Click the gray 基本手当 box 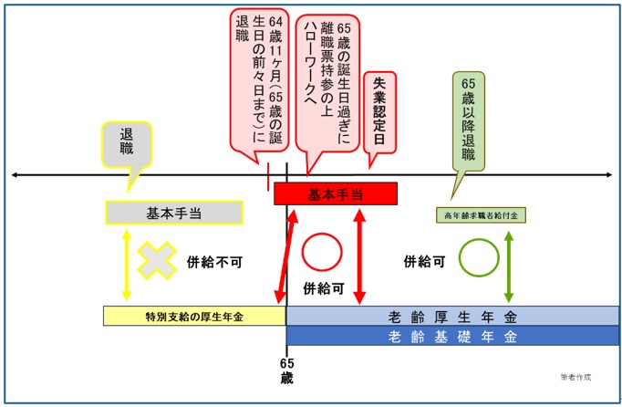click(x=174, y=213)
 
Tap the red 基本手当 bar click(x=337, y=193)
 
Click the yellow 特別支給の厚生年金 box click(x=194, y=316)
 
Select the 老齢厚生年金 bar click(x=451, y=316)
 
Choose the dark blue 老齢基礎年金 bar click(x=451, y=337)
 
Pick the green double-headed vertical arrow click(x=508, y=265)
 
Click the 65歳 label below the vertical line click(x=286, y=369)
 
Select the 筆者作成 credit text click(x=577, y=376)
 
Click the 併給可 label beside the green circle click(x=424, y=260)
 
